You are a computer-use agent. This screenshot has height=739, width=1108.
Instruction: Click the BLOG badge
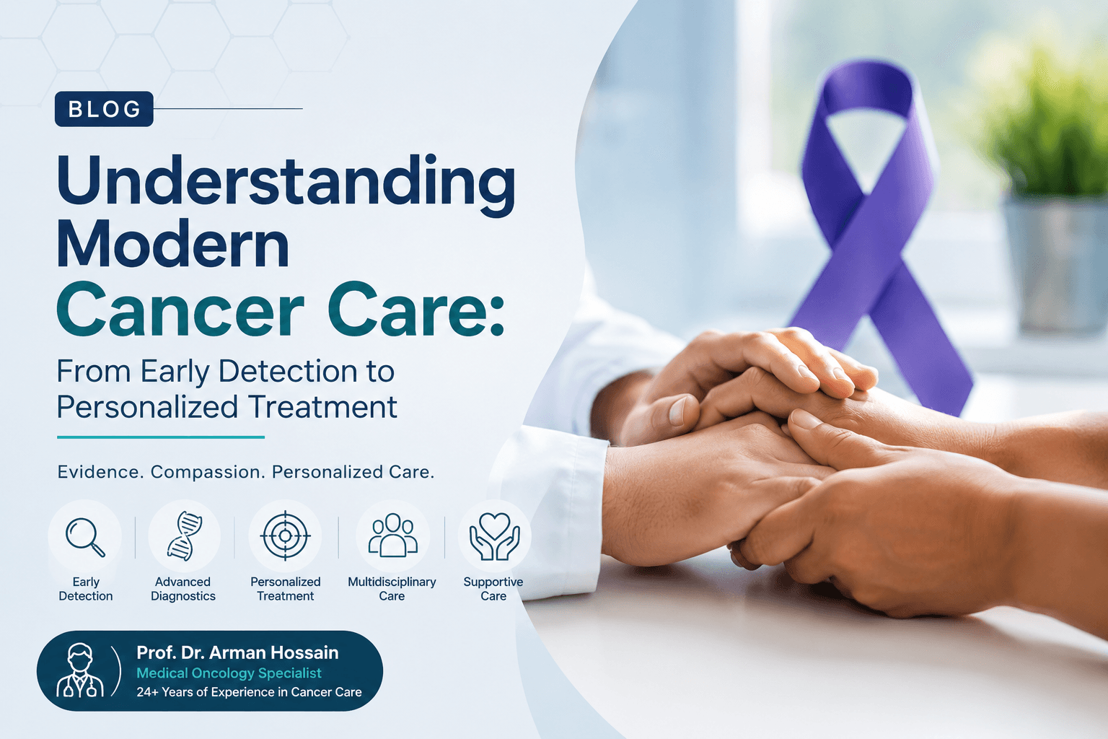point(104,109)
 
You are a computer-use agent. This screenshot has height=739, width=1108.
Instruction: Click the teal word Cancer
point(180,310)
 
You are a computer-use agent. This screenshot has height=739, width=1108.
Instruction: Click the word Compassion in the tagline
point(206,472)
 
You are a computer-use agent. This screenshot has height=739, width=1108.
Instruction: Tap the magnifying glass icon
point(85,537)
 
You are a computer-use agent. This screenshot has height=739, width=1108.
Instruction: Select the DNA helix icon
point(185,536)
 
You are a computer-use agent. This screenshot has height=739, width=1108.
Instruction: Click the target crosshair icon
point(286,535)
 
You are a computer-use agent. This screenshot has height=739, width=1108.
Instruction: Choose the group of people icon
point(392,535)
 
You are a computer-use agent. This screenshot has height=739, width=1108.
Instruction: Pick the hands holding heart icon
point(494,536)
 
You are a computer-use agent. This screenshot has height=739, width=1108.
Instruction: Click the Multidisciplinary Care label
point(392,588)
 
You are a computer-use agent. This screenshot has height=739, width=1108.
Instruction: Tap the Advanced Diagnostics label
point(183,588)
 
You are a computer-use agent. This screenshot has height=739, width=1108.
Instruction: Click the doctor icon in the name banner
point(79,670)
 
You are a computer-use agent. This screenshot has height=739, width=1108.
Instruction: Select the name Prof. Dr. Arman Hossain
point(237,653)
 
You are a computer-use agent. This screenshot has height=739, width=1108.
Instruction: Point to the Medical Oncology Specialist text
point(229,673)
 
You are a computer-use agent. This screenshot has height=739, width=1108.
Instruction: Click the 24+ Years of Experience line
point(250,692)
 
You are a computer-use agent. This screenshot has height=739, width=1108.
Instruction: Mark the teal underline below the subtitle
point(161,437)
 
